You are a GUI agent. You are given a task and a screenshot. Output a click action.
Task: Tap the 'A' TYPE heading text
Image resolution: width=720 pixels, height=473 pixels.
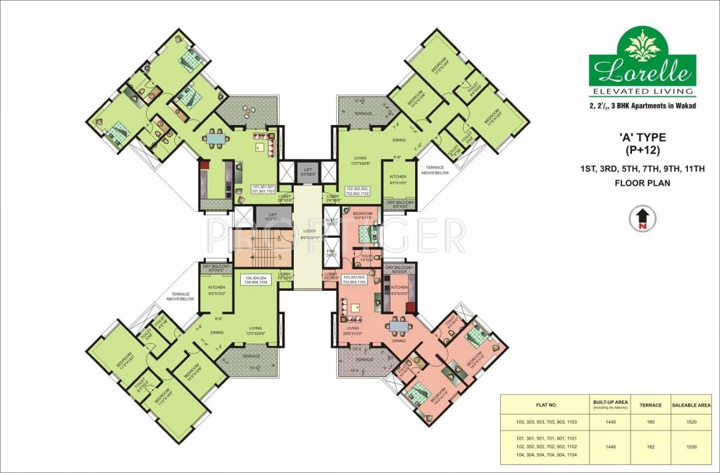[x=642, y=137]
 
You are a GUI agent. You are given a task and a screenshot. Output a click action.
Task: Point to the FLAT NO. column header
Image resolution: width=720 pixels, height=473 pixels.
[x=544, y=405]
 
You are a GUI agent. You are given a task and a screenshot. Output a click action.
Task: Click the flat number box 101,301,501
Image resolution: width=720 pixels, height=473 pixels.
[x=263, y=189]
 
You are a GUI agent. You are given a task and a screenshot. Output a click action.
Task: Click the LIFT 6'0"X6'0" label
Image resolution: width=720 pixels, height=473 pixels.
[x=306, y=172]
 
